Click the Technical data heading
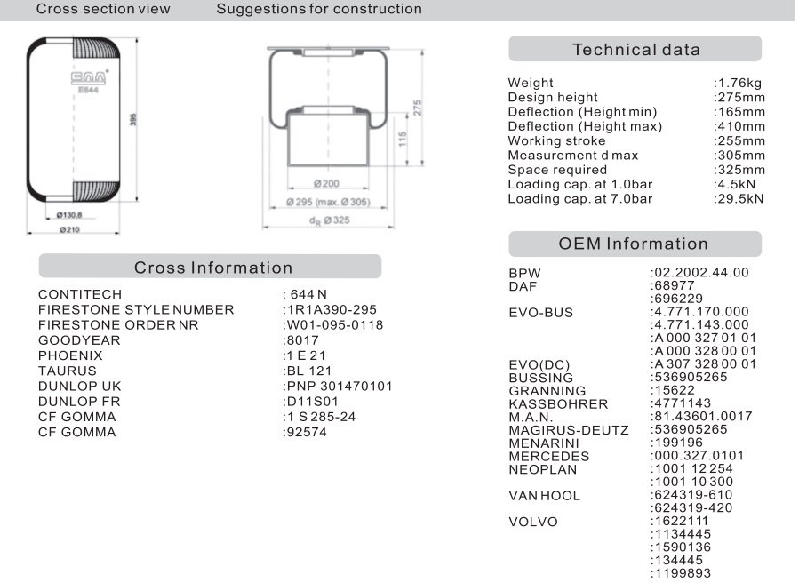pos(635,50)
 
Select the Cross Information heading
pos(212,268)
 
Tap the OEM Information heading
pos(634,244)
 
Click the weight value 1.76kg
pos(738,83)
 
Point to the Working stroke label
pos(556,140)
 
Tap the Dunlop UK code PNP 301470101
pos(337,386)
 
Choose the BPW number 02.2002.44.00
pos(699,272)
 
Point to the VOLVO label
pos(532,522)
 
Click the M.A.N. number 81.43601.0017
pos(701,416)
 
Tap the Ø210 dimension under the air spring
pos(71,230)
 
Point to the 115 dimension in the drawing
pos(403,140)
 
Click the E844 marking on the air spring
pos(87,89)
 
